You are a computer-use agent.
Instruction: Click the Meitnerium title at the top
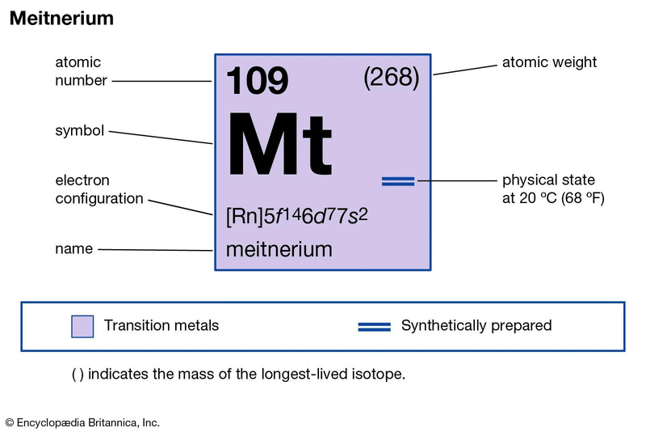pyautogui.click(x=62, y=18)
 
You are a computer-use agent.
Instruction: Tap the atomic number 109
pyautogui.click(x=257, y=80)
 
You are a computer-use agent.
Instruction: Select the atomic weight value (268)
pyautogui.click(x=392, y=77)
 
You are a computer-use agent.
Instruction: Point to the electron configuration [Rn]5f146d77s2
pyautogui.click(x=296, y=216)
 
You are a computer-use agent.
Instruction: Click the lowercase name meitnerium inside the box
pyautogui.click(x=279, y=249)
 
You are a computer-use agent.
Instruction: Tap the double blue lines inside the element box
pyautogui.click(x=398, y=181)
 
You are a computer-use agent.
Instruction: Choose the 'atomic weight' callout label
pyautogui.click(x=549, y=62)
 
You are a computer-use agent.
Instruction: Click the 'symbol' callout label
pyautogui.click(x=79, y=131)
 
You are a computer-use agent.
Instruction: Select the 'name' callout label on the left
pyautogui.click(x=74, y=249)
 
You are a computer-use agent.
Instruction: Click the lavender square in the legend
pyautogui.click(x=82, y=326)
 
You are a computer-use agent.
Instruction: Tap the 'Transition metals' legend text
pyautogui.click(x=161, y=325)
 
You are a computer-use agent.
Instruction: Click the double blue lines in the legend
pyautogui.click(x=374, y=327)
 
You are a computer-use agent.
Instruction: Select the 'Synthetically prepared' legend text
pyautogui.click(x=476, y=325)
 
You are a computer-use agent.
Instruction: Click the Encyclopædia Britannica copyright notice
pyautogui.click(x=82, y=422)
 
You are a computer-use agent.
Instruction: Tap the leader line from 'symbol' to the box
pyautogui.click(x=161, y=138)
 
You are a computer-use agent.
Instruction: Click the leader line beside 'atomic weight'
pyautogui.click(x=465, y=70)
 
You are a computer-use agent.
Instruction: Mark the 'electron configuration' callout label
pyautogui.click(x=99, y=189)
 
